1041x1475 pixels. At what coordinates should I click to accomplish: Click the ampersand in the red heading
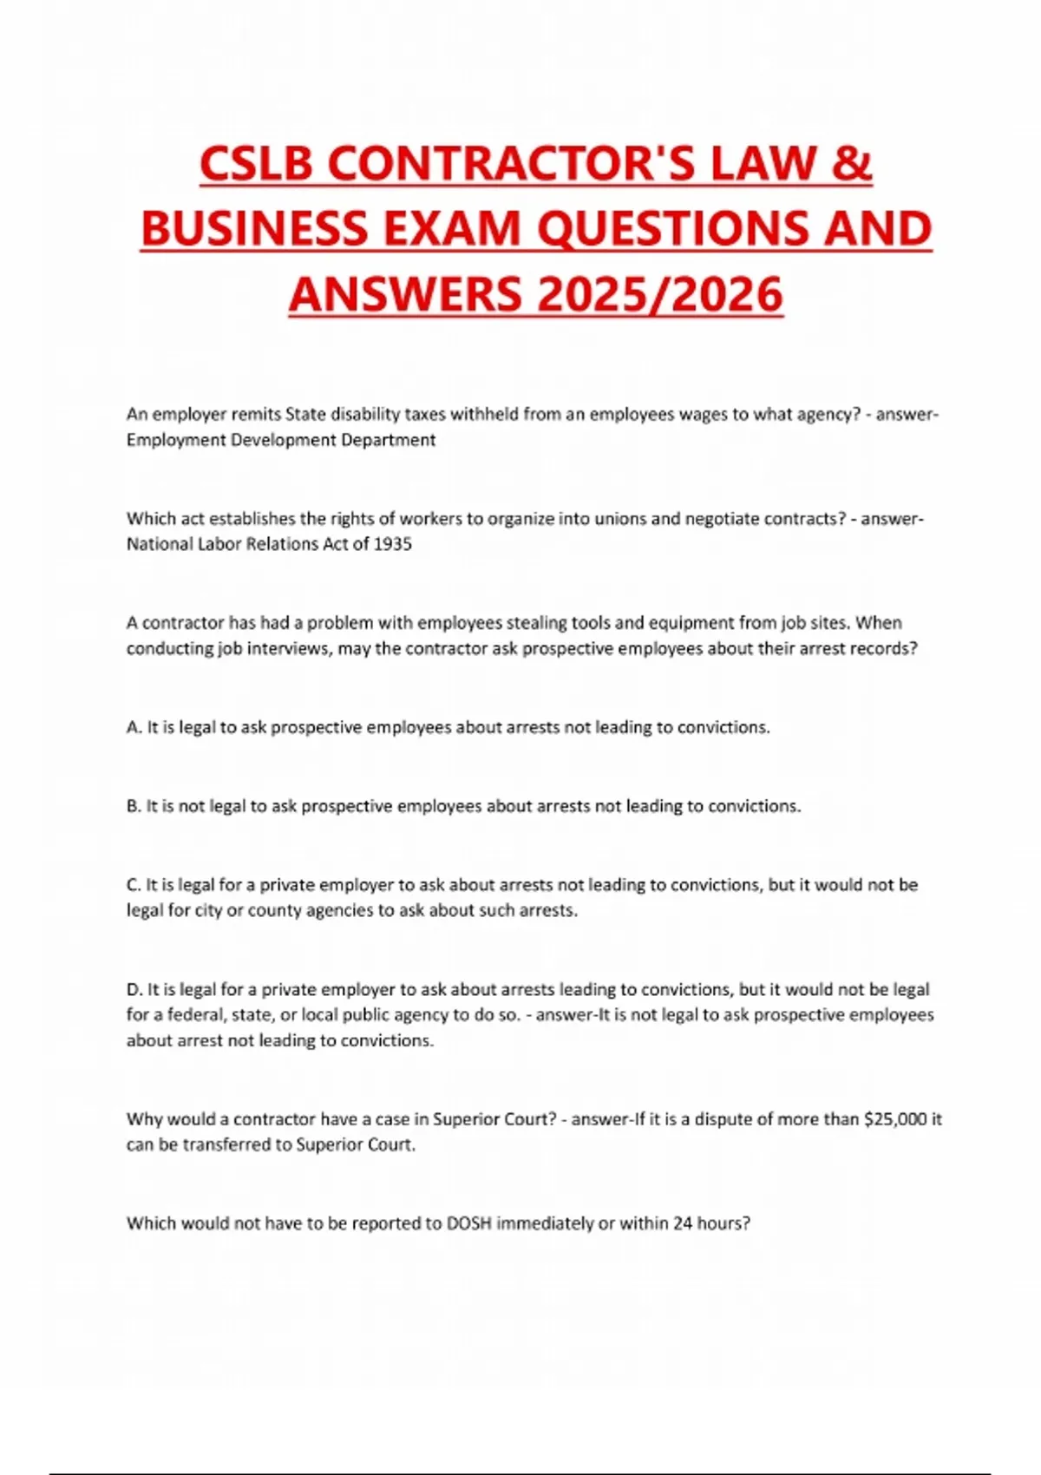[x=853, y=165]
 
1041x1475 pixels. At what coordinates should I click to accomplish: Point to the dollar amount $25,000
[x=895, y=1119]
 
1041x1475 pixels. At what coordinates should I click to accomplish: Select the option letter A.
[x=134, y=727]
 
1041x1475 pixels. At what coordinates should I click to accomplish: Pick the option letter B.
[x=134, y=806]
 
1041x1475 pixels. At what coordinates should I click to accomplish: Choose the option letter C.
[x=134, y=885]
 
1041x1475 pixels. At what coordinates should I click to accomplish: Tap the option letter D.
[x=134, y=989]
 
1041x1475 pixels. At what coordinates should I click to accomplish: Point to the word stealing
[x=556, y=623]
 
